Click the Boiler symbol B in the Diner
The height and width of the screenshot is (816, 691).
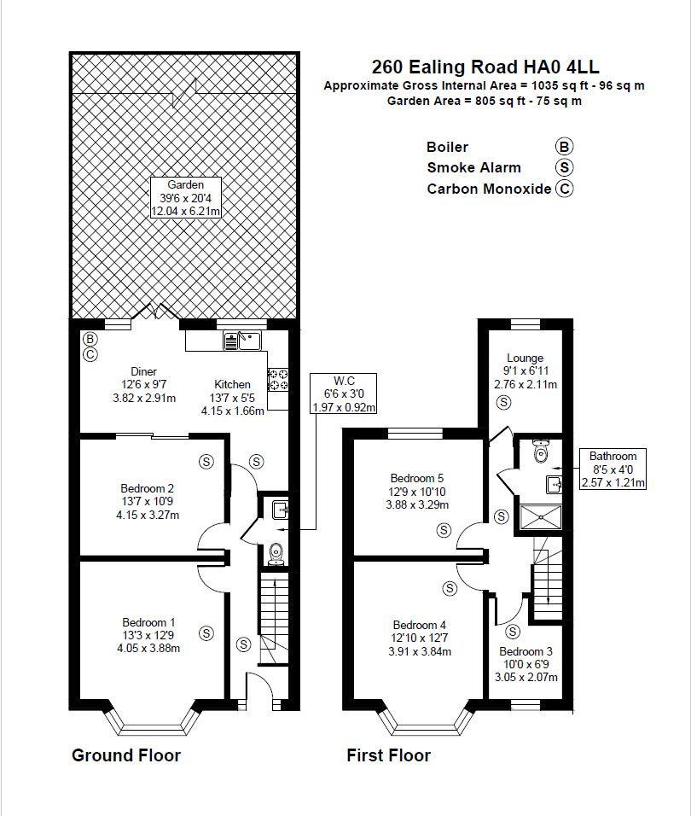pos(90,340)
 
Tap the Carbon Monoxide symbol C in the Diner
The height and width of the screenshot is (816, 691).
pos(90,355)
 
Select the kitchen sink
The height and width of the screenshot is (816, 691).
pos(243,341)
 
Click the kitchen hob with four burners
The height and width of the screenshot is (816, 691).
pos(278,379)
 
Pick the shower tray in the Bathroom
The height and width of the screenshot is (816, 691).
pos(541,518)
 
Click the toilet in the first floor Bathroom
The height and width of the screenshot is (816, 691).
pos(541,451)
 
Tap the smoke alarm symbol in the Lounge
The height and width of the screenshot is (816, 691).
pos(503,402)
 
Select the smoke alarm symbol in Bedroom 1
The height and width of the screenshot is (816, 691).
pos(206,632)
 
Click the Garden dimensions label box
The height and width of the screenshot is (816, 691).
pos(186,198)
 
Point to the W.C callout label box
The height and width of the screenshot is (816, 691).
pos(343,394)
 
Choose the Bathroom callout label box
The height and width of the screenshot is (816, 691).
pos(613,469)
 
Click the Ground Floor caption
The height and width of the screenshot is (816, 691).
pos(125,755)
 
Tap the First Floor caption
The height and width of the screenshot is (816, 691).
pos(389,755)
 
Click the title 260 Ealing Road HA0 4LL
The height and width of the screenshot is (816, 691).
pos(485,67)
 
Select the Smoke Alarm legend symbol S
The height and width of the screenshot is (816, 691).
pos(564,167)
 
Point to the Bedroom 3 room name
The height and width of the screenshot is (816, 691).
pos(526,651)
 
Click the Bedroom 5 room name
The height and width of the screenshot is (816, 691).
pos(417,478)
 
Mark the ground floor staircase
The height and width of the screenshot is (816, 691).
pos(274,620)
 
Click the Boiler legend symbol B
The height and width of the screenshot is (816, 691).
pos(564,146)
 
